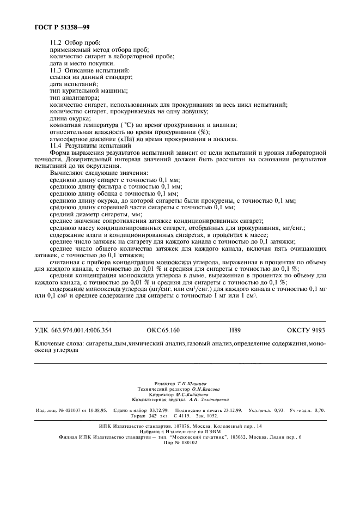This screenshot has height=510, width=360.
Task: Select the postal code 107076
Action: click(x=174, y=426)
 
